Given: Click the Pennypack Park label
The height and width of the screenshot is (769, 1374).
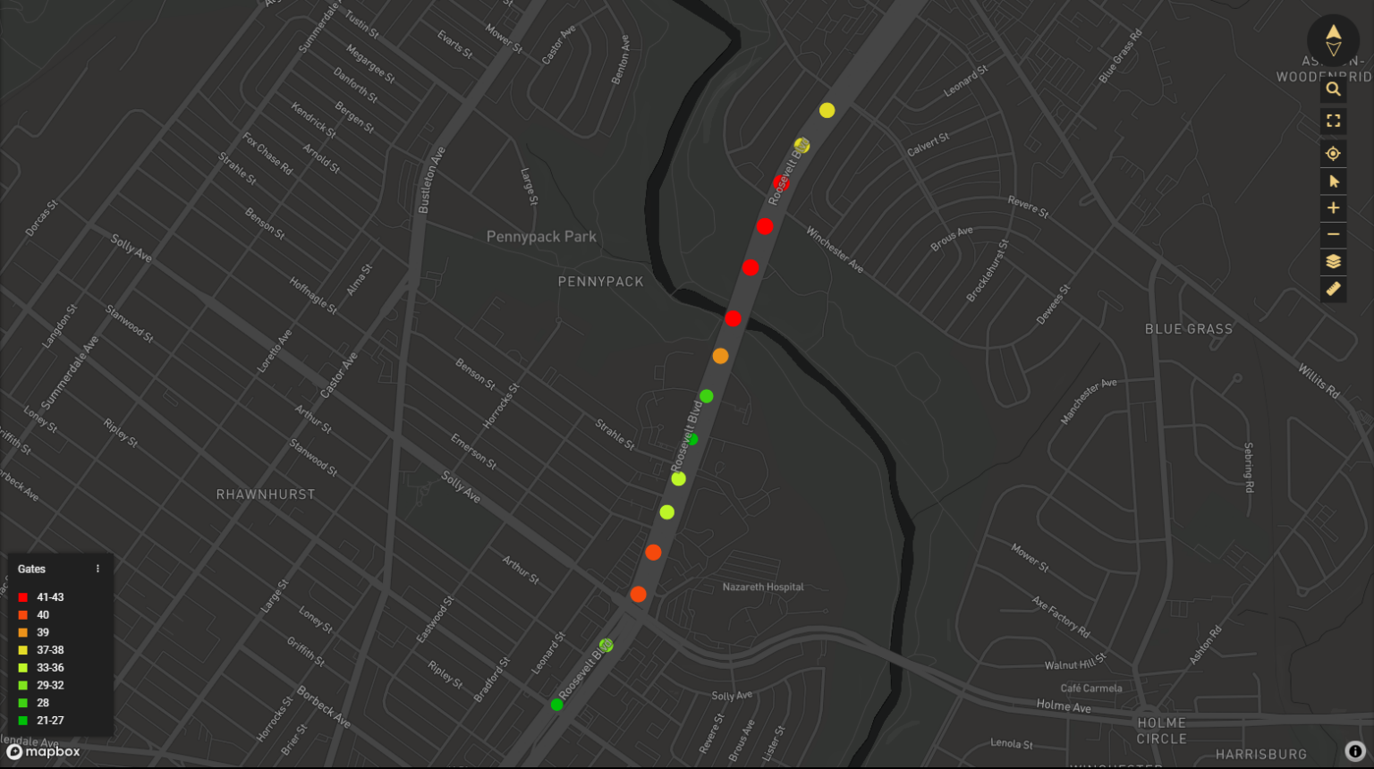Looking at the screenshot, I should [x=541, y=237].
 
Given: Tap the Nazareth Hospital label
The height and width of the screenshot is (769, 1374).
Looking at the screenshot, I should [x=763, y=587].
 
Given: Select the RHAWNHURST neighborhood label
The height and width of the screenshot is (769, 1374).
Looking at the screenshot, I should [x=266, y=494].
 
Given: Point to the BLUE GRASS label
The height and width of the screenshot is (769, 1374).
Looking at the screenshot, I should [x=1189, y=329].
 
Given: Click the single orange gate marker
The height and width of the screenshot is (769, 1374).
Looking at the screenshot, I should [x=720, y=356].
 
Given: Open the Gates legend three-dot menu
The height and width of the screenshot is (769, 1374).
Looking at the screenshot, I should [x=98, y=569].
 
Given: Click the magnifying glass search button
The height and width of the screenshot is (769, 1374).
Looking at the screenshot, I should [x=1333, y=89].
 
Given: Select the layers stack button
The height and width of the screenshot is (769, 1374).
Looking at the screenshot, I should [x=1333, y=262].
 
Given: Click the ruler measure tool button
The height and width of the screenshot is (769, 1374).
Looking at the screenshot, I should [x=1333, y=290].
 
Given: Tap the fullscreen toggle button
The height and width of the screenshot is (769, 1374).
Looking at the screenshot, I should [x=1333, y=121].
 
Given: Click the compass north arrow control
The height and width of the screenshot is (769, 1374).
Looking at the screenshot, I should [x=1333, y=40].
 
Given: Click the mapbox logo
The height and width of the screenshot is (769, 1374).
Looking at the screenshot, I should [x=44, y=752].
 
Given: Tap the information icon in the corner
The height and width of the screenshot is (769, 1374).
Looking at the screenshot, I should [x=1355, y=752].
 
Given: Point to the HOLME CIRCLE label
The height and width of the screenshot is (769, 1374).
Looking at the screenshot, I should [x=1161, y=731].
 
